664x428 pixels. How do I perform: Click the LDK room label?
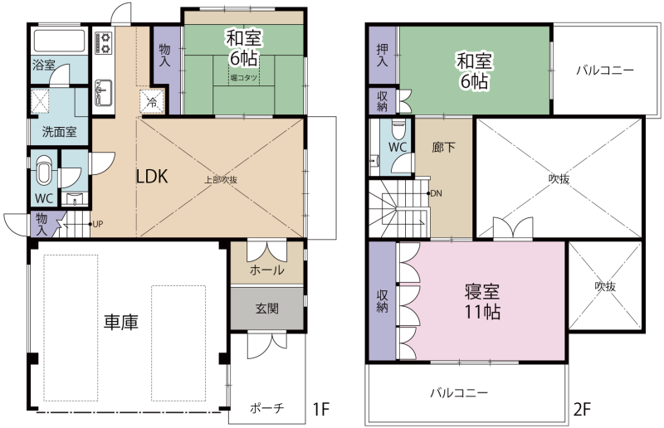point(152,177)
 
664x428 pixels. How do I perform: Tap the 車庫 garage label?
point(121,322)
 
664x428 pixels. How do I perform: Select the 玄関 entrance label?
point(267,309)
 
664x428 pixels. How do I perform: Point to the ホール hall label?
point(267,270)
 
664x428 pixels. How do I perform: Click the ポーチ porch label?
point(267,408)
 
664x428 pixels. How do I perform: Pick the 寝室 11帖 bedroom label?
point(482,301)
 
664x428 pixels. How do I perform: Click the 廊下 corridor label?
point(444,148)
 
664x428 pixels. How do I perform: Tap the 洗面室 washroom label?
point(59,132)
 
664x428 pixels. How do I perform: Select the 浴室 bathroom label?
point(44,66)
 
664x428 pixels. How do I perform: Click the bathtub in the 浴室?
point(59,41)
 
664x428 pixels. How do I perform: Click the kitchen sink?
point(103,93)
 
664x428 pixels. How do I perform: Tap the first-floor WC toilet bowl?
point(44,170)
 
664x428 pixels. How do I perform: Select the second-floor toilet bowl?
point(398,129)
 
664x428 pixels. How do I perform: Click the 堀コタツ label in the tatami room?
point(244,78)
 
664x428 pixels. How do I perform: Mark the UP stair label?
point(97,224)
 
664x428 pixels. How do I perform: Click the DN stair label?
point(437,193)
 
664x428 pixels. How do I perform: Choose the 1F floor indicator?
point(320,409)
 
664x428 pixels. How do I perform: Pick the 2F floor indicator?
point(582,409)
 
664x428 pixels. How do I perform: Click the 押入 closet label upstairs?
point(382,55)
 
